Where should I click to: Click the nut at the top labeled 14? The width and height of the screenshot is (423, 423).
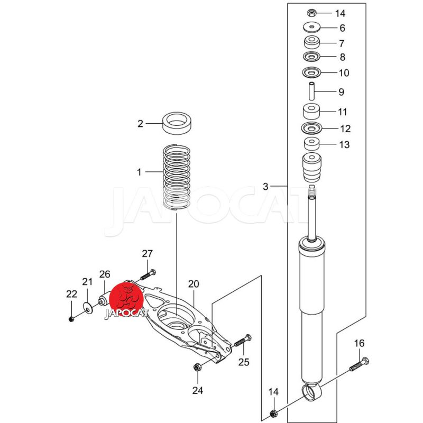311,13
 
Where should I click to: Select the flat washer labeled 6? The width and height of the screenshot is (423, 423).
311,27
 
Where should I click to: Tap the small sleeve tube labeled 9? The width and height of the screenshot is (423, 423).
311,91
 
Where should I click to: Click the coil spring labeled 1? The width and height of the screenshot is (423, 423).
177,177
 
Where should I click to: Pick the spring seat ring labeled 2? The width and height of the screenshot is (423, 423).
177,123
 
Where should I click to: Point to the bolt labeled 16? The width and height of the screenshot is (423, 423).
360,364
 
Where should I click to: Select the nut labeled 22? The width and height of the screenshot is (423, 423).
71,319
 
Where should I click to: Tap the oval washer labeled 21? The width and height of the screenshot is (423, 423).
87,308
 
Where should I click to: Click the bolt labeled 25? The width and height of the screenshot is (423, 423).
243,340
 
